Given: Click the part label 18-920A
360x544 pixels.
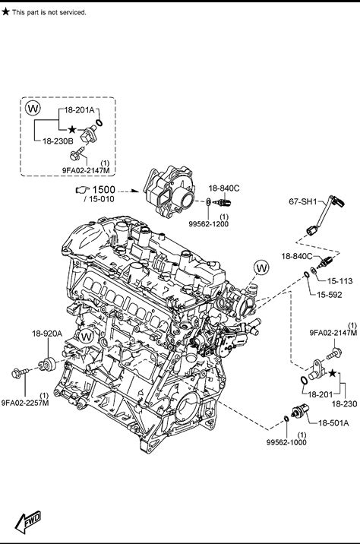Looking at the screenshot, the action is pos(47,334).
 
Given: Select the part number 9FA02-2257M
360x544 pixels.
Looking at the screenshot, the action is pos(25,403).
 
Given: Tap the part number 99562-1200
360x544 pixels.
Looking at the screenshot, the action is pos(208,224).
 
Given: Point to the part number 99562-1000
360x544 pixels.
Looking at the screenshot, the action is pos(286,442).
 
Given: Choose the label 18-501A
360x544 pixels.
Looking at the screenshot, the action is pos(333,423).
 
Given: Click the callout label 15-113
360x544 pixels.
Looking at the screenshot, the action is pos(340,281).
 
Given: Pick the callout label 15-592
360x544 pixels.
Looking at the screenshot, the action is pos(330,295).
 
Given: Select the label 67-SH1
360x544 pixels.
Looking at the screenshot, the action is pos(303,201).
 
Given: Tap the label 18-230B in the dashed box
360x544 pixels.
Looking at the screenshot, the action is pos(58,141).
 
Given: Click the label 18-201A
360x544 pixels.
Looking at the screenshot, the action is pos(80,110).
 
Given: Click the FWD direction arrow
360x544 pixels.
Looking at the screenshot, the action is pos(27,521).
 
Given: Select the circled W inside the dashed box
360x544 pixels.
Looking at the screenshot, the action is pos(33,108).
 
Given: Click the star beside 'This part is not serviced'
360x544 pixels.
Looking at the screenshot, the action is pos(5,12).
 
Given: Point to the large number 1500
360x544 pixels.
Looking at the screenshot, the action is pos(104,190).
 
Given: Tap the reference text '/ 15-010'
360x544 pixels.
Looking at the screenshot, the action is pos(99,199).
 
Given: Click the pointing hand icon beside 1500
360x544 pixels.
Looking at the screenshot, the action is pos(83,190).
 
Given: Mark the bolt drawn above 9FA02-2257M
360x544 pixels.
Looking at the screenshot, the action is pos(20,373).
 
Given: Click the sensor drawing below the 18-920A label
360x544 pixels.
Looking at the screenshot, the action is pos(48,364).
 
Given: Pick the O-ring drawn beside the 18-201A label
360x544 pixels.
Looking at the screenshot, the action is pos(99,123).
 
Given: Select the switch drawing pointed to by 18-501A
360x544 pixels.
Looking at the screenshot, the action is pos(300,410).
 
